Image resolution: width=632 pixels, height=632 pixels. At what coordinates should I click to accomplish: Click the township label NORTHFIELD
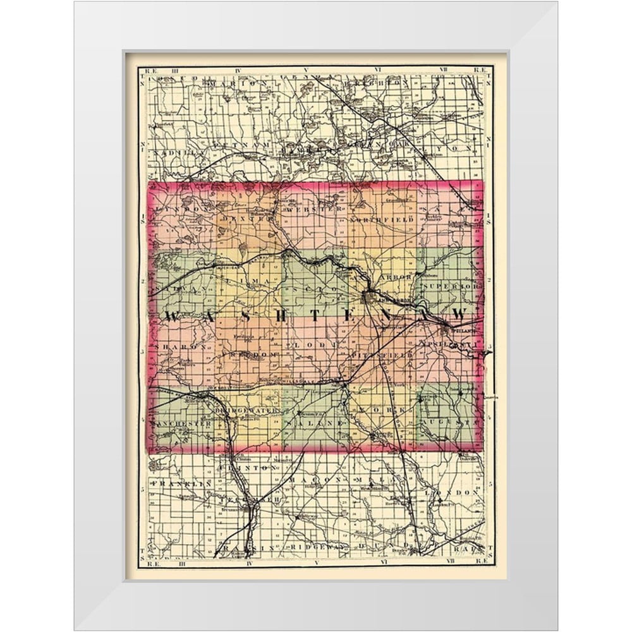pyautogui.click(x=381, y=219)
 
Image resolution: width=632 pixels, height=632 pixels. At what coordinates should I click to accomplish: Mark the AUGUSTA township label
pyautogui.click(x=451, y=420)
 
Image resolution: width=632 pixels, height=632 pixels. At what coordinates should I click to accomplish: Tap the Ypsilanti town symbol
pyautogui.click(x=450, y=329)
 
